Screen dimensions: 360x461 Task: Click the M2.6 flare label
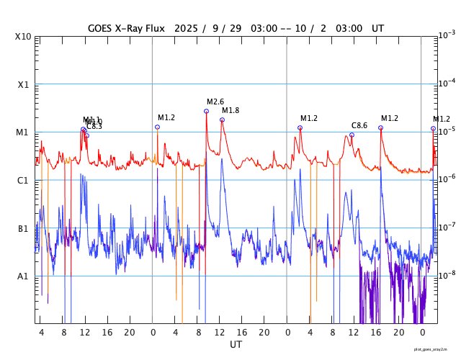(215, 102)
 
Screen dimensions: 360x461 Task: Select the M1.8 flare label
(230, 111)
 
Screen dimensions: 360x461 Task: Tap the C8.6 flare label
(359, 126)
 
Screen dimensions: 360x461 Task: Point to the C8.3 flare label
(94, 127)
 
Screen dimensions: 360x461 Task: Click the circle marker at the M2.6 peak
(206, 111)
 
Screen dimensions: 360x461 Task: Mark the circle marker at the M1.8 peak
(222, 120)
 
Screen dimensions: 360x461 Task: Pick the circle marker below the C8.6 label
(352, 135)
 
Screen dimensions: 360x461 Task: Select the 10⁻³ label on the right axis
(447, 35)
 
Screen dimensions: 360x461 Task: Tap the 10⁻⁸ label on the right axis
(447, 275)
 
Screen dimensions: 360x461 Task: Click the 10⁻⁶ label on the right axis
(447, 179)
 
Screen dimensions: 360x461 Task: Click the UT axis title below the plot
(236, 345)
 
